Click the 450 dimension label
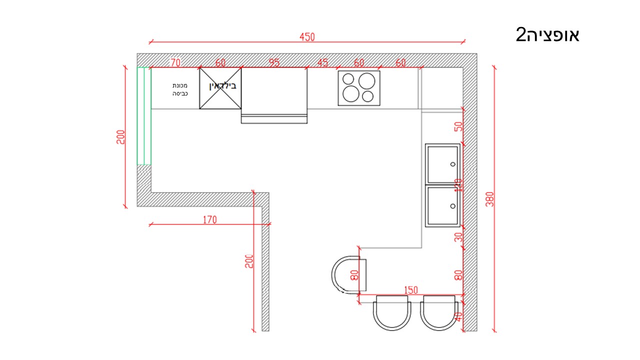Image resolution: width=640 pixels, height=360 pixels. pyautogui.click(x=307, y=37)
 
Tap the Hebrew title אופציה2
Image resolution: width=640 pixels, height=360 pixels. pyautogui.click(x=547, y=35)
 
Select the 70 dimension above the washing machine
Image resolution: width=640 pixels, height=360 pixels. pyautogui.click(x=175, y=62)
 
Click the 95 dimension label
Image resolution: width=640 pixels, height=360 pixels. pyautogui.click(x=274, y=62)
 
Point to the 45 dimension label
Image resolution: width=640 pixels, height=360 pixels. pyautogui.click(x=323, y=62)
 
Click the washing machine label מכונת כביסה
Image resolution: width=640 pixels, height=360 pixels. pyautogui.click(x=180, y=89)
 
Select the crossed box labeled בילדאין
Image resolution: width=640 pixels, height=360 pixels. pyautogui.click(x=220, y=88)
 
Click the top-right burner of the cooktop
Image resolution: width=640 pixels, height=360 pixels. pyautogui.click(x=366, y=81)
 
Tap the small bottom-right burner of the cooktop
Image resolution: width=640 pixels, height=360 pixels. pyautogui.click(x=367, y=96)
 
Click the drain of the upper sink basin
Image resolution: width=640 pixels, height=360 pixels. pyautogui.click(x=452, y=164)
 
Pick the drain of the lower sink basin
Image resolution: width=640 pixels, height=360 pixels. pyautogui.click(x=452, y=206)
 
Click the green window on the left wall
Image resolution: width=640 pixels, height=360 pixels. pyautogui.click(x=144, y=116)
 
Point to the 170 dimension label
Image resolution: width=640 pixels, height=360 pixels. pyautogui.click(x=210, y=219)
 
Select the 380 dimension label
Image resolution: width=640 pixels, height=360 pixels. pyautogui.click(x=489, y=199)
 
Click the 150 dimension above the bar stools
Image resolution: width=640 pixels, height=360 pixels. pyautogui.click(x=411, y=290)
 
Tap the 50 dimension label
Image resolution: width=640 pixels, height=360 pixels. pyautogui.click(x=458, y=126)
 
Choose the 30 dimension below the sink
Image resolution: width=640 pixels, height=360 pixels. pyautogui.click(x=458, y=237)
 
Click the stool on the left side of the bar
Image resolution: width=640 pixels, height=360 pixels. pyautogui.click(x=348, y=275)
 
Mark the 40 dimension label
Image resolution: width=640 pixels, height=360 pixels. pyautogui.click(x=458, y=316)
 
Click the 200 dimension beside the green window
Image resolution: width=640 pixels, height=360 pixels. pyautogui.click(x=120, y=137)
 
